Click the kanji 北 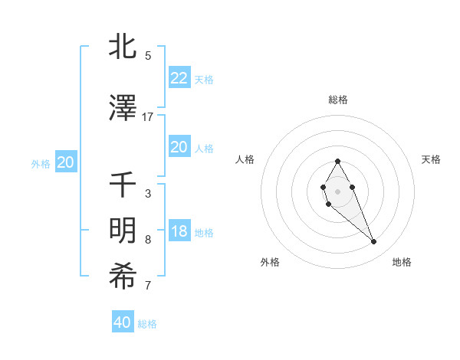(123, 46)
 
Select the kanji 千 (123, 185)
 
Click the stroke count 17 (148, 116)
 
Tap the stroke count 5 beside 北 (148, 56)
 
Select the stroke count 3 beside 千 (148, 194)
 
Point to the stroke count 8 (148, 240)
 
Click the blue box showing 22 (179, 78)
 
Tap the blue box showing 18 (179, 232)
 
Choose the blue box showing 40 (123, 322)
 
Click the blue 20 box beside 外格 (66, 162)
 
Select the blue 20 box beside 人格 (179, 147)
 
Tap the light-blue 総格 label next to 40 (148, 324)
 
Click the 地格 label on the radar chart (402, 263)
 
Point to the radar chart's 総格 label (337, 100)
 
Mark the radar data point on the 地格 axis (374, 242)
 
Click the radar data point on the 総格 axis (337, 161)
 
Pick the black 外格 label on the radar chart (270, 263)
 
